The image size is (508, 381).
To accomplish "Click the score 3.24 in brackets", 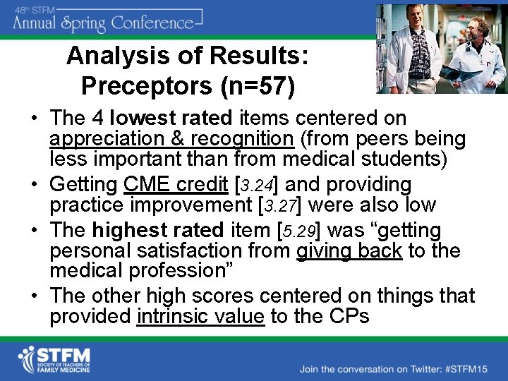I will point(257,186).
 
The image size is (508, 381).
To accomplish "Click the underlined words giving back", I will point(349,251).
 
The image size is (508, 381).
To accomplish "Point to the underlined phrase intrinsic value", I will point(200,316).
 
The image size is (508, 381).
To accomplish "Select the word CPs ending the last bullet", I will point(349,316).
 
